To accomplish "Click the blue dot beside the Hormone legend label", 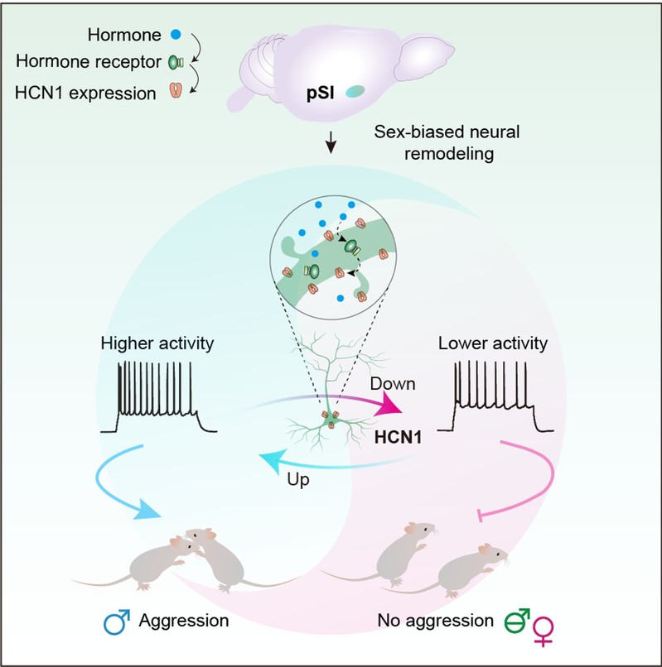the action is tap(176, 35).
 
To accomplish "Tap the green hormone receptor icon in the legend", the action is tap(176, 63).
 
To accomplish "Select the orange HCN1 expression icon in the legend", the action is tap(176, 90).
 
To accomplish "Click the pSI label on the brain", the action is tap(321, 93).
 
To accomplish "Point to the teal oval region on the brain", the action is tap(355, 91).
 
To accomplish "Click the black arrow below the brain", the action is tap(331, 142).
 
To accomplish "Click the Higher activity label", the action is tap(157, 343).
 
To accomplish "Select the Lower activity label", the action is tap(493, 343).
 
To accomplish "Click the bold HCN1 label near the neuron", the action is tap(398, 437).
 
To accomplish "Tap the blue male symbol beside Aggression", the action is tap(117, 622).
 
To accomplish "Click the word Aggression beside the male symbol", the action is tap(184, 621).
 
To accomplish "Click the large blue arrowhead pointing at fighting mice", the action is tap(147, 509).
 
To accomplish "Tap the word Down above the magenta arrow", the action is tap(393, 384).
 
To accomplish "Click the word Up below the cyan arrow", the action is tap(297, 480).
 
